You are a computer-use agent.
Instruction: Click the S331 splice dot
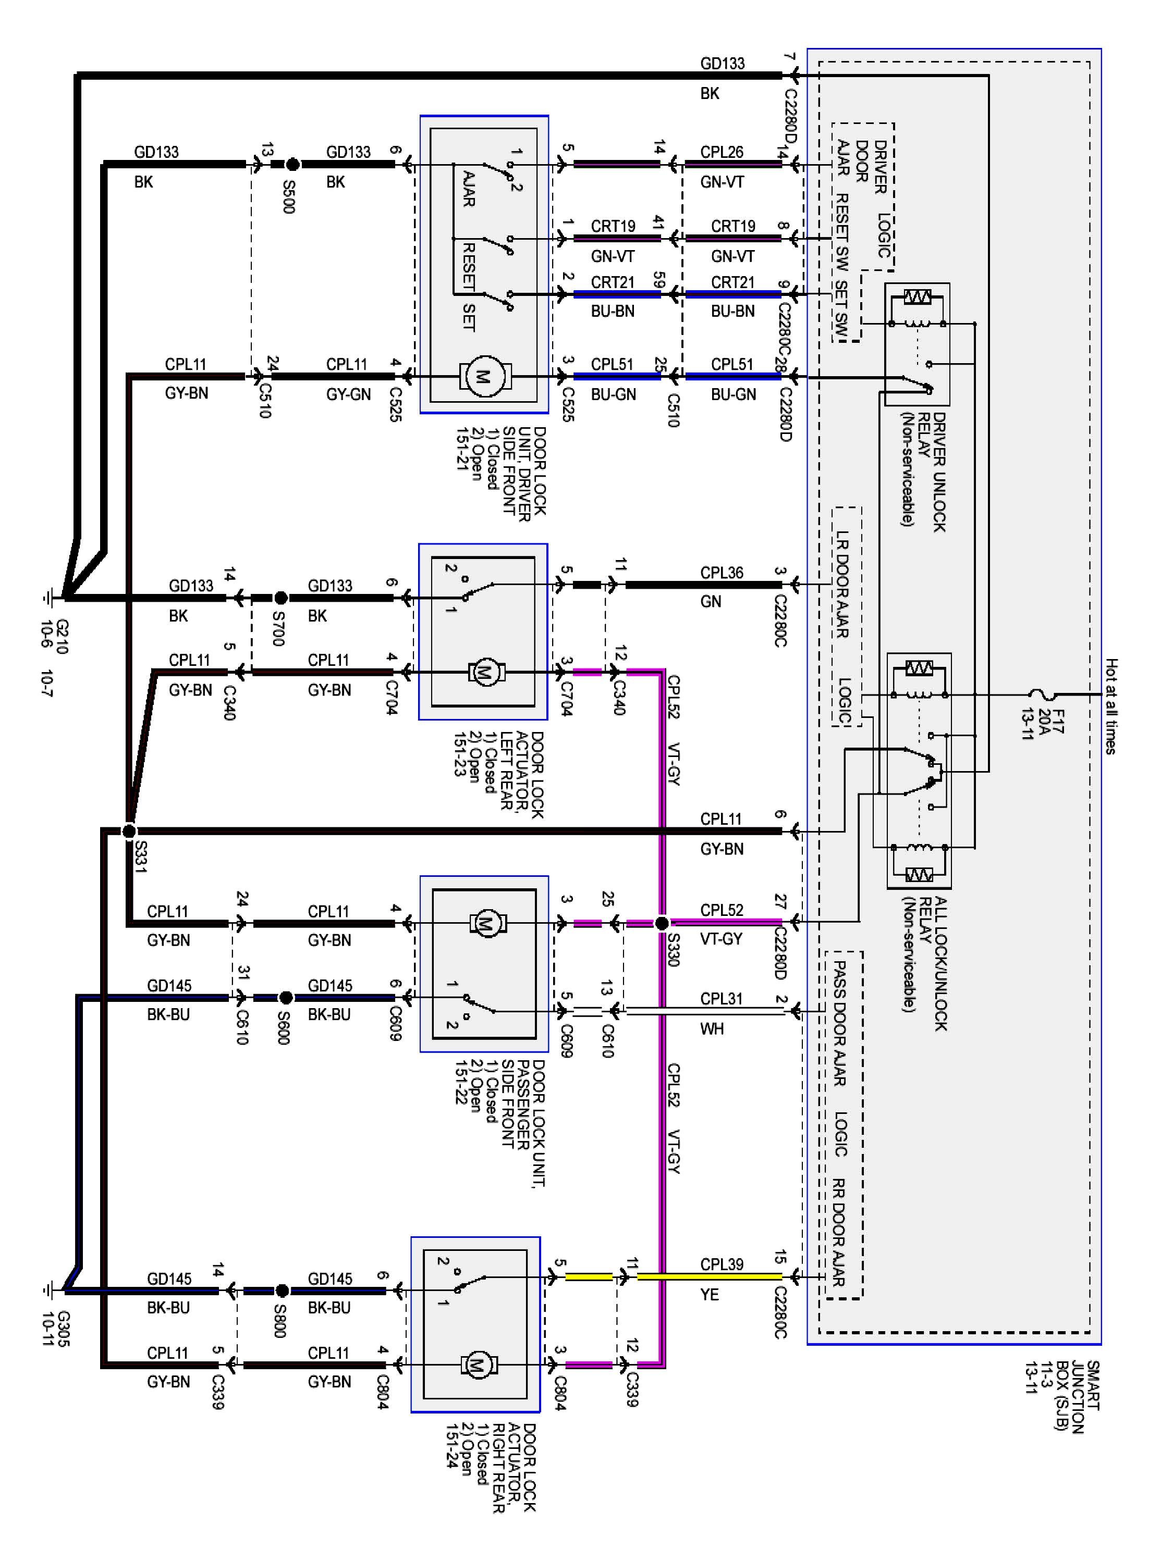pyautogui.click(x=129, y=831)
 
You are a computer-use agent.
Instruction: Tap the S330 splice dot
pyautogui.click(x=662, y=923)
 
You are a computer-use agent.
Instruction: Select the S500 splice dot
pyautogui.click(x=292, y=165)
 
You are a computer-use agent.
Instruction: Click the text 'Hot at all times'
pyautogui.click(x=1111, y=706)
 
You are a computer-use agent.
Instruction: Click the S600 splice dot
pyautogui.click(x=286, y=998)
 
